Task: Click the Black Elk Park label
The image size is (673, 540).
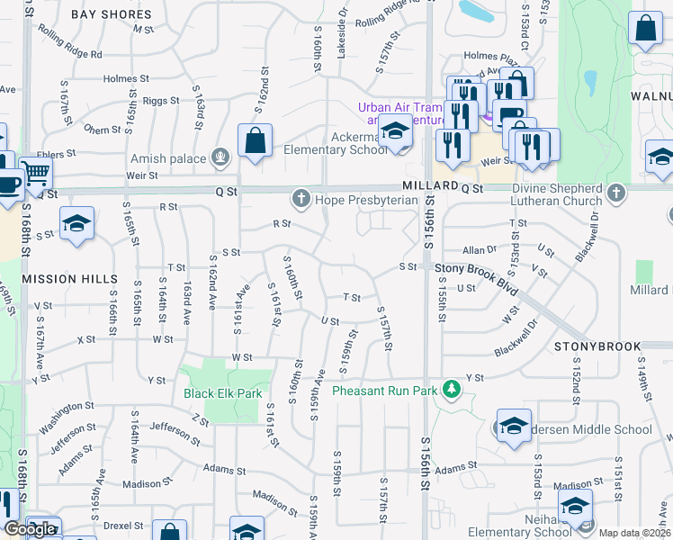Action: point(222,393)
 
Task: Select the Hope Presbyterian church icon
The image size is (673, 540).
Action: point(301,197)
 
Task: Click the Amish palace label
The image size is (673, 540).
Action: point(168,158)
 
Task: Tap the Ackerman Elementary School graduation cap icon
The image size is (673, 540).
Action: point(393,132)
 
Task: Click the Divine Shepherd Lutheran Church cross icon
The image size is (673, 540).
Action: point(615,193)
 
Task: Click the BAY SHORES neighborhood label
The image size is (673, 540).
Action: point(111,15)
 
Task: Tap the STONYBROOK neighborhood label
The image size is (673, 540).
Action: point(597,346)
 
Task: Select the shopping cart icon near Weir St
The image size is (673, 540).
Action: point(35,171)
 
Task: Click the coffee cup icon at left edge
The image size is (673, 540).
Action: point(7,184)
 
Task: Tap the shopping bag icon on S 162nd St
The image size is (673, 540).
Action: point(255,140)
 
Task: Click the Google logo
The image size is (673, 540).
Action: point(30,529)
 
